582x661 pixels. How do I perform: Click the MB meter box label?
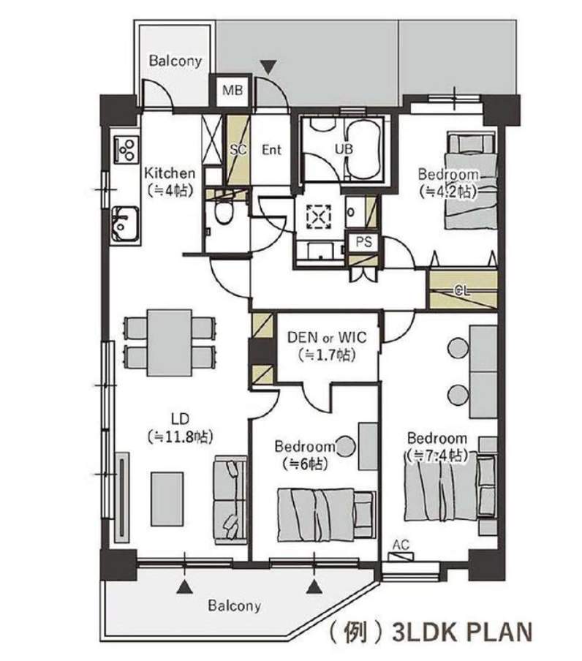pyautogui.click(x=233, y=90)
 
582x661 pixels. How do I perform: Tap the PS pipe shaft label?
pyautogui.click(x=363, y=242)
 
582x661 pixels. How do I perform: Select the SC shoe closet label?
pyautogui.click(x=238, y=149)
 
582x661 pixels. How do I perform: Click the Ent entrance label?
pyautogui.click(x=271, y=150)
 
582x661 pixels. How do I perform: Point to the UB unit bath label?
pyautogui.click(x=344, y=148)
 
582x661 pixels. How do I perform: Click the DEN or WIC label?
pyautogui.click(x=327, y=337)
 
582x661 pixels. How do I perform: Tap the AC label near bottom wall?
pyautogui.click(x=401, y=545)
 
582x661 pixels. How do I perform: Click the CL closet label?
pyautogui.click(x=462, y=290)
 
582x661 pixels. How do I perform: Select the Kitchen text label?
pyautogui.click(x=170, y=173)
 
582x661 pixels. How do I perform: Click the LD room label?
pyautogui.click(x=180, y=418)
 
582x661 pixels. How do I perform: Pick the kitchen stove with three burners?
pyautogui.click(x=126, y=150)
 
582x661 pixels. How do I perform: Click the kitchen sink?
pyautogui.click(x=124, y=224)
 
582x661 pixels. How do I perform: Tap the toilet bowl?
pyautogui.click(x=222, y=212)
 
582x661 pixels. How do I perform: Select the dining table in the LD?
pyautogui.click(x=170, y=343)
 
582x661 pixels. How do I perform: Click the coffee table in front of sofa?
pyautogui.click(x=167, y=499)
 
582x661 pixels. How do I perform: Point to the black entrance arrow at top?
pyautogui.click(x=268, y=67)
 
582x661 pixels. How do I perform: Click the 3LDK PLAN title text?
pyautogui.click(x=462, y=632)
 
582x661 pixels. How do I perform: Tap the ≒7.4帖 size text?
pyautogui.click(x=436, y=456)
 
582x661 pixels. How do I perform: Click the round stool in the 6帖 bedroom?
pyautogui.click(x=345, y=446)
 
